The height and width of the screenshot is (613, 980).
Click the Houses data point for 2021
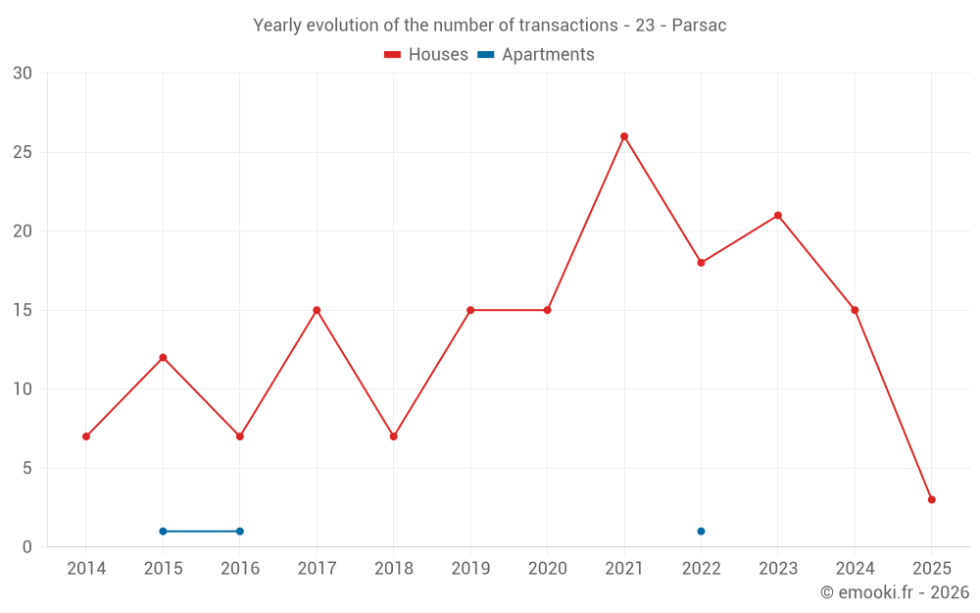[x=624, y=136]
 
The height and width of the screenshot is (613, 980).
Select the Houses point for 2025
[x=932, y=499]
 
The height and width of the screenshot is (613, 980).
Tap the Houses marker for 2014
[x=86, y=436]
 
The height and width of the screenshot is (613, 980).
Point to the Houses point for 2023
[x=778, y=216]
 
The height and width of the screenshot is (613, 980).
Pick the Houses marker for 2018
[x=394, y=436]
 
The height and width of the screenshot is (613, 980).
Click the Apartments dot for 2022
[x=701, y=532]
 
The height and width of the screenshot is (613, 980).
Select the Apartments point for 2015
[x=163, y=532]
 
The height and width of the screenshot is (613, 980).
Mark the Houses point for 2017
[x=317, y=310]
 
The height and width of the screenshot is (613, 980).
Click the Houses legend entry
[x=426, y=55]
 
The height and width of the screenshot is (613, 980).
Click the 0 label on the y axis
[x=27, y=547]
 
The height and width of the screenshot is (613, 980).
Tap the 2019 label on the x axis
[x=470, y=569]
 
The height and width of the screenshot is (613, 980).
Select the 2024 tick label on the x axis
[x=855, y=569]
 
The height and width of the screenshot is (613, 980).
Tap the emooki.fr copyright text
[x=895, y=592]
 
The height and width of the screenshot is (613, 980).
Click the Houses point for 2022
[x=701, y=263]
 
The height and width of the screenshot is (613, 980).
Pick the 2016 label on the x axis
[x=240, y=569]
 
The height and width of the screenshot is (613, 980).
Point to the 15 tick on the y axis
[x=22, y=310]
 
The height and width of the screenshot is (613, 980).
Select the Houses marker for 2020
[x=547, y=310]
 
